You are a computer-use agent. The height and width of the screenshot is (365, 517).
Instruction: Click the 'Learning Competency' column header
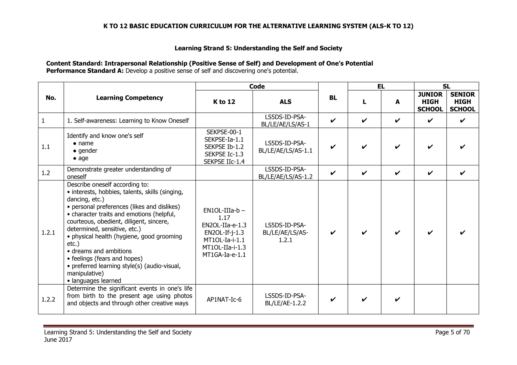coord(130,98)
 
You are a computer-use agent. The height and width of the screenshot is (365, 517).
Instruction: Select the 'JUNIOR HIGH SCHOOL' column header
coord(430,102)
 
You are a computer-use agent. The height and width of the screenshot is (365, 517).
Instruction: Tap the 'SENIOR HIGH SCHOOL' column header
coord(462,102)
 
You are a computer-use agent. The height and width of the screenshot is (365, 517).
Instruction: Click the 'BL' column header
coord(333,98)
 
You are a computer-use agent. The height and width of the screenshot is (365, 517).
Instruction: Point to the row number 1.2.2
coord(48,299)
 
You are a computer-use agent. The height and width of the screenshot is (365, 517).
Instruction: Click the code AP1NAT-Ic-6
coord(224,299)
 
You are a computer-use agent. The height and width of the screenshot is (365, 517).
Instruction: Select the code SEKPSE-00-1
coord(224,132)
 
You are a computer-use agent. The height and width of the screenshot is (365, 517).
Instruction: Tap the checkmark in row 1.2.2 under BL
coord(333,299)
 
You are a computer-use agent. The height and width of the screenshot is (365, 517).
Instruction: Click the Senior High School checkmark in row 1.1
coord(462,147)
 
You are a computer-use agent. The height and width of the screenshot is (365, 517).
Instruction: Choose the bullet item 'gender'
coord(88,151)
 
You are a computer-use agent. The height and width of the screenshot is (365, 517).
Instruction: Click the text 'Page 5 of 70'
coord(452,332)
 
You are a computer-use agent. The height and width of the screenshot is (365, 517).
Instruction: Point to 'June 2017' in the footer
coord(58,340)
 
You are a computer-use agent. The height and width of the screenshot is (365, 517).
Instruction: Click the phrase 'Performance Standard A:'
coord(85,71)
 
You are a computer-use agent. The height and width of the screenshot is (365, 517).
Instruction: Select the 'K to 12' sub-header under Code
coord(224,102)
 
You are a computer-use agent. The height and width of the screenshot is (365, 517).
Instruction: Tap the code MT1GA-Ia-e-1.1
coord(224,255)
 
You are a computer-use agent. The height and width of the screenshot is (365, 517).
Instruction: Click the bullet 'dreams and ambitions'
coord(101,251)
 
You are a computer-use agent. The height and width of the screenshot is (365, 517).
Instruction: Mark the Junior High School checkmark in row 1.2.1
coord(430,232)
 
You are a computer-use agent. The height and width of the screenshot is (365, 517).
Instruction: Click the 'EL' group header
coord(381,86)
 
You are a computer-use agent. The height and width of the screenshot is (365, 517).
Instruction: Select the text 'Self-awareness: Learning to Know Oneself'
coord(131,121)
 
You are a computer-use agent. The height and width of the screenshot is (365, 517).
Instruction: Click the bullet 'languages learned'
coord(96,281)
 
